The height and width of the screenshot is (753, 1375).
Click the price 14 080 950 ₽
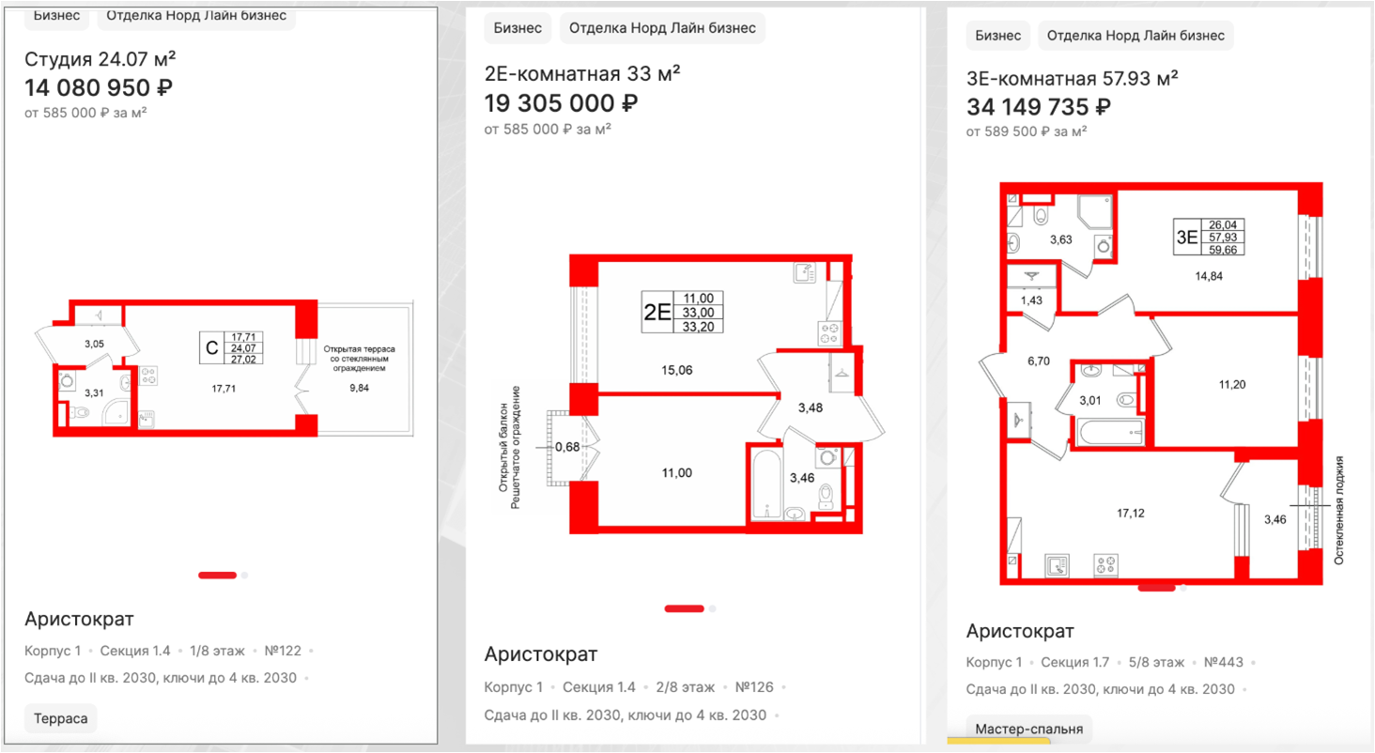pos(99,87)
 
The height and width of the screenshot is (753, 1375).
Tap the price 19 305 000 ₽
pos(561,103)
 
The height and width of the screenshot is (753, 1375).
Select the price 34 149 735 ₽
pos(1039,107)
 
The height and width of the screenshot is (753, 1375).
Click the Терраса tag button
pos(61,718)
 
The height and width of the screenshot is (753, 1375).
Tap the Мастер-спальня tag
pos(1028,730)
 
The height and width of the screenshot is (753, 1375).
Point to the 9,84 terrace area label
pos(359,388)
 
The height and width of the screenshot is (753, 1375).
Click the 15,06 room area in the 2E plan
pos(676,370)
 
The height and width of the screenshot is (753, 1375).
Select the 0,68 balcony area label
pos(567,447)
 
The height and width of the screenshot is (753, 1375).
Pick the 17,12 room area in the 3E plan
pos(1130,513)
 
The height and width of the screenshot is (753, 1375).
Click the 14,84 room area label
pos(1208,276)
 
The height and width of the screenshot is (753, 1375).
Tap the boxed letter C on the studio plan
pos(211,348)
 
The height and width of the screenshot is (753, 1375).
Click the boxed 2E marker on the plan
pos(657,313)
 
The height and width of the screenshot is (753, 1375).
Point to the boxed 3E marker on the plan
pos(1186,237)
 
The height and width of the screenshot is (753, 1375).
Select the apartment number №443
pos(1224,662)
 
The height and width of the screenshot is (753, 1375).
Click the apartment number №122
pos(283,651)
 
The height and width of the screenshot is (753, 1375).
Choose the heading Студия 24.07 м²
pos(100,59)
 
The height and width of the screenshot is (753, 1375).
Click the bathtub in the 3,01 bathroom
pos(1110,432)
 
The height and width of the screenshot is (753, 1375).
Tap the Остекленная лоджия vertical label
pos(1338,510)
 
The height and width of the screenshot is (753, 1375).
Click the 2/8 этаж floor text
pos(685,686)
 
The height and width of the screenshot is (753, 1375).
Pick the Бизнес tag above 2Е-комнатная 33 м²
pos(518,27)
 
